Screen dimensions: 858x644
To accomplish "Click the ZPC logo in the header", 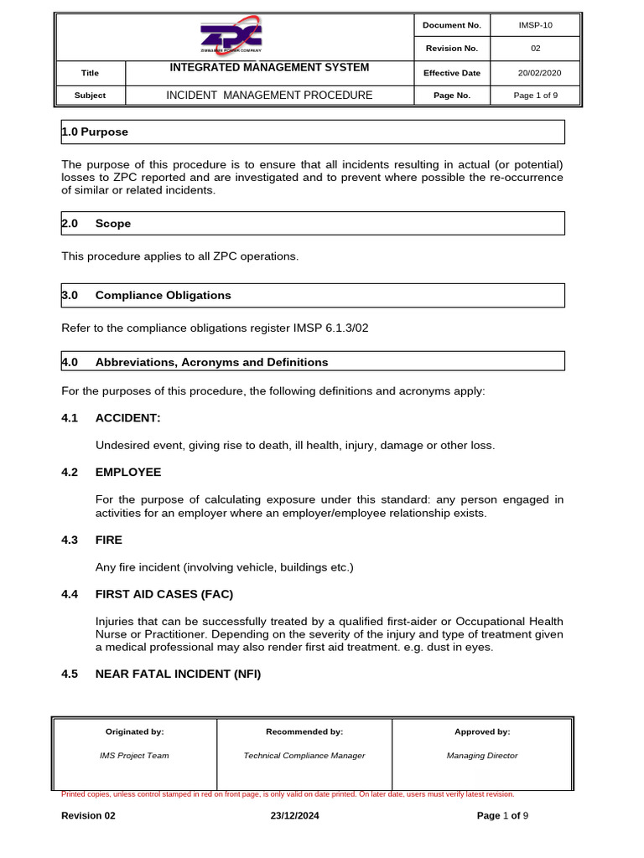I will (231, 36).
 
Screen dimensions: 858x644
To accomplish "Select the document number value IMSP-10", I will (536, 25).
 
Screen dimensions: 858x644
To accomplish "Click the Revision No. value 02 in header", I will (536, 49).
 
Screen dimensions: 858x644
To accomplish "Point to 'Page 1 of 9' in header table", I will (536, 96).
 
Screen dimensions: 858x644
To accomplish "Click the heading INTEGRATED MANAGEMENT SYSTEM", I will (269, 68).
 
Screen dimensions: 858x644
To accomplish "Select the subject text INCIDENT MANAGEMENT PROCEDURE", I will (269, 96).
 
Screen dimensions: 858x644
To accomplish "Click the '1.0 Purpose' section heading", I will (95, 132).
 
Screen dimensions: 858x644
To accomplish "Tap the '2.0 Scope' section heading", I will (96, 224).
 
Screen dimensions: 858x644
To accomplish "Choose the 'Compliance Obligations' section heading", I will (163, 296).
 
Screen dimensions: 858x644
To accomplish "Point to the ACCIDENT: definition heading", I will (127, 417).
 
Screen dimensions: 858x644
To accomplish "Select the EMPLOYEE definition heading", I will (128, 473).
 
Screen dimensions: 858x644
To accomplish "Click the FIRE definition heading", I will (109, 540).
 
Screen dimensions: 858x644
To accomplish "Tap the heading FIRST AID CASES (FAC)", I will (164, 594).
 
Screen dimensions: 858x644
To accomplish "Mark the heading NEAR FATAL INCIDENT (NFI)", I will (178, 673).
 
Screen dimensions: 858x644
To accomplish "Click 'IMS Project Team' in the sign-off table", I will (134, 756).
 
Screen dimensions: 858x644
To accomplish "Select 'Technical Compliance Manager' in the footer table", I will (304, 756).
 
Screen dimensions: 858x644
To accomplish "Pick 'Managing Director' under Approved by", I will (482, 756).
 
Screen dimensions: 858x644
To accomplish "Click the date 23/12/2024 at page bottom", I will (294, 816).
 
